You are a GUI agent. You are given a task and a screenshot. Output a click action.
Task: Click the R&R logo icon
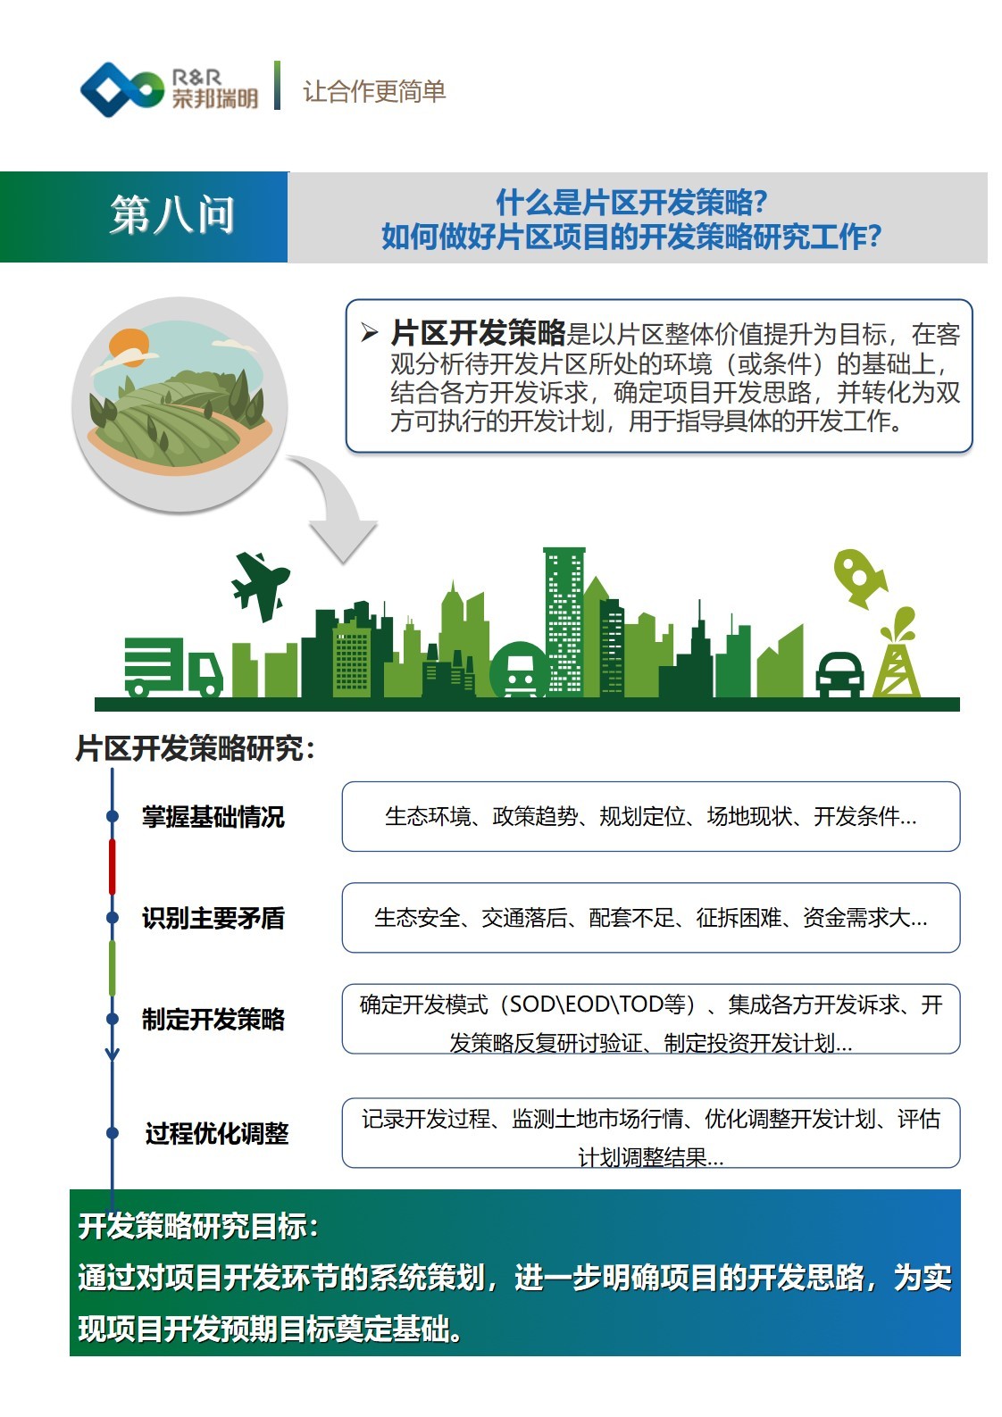click(x=121, y=89)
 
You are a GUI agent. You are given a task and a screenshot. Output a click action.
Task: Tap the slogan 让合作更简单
click(x=374, y=91)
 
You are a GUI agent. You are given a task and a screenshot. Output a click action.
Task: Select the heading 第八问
click(x=172, y=214)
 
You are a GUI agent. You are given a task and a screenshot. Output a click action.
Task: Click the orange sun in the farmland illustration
click(x=129, y=346)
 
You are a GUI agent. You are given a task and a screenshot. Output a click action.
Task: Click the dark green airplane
click(x=260, y=583)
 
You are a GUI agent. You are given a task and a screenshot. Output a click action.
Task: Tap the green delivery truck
click(x=173, y=667)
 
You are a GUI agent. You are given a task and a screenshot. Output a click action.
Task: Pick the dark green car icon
click(x=839, y=674)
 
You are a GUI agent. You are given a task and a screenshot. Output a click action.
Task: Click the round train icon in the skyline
click(x=520, y=670)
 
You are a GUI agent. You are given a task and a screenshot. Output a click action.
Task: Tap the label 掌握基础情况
click(x=213, y=817)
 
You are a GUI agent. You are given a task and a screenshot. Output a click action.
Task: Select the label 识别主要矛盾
click(x=213, y=918)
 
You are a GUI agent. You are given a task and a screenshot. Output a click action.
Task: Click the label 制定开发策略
click(x=213, y=1019)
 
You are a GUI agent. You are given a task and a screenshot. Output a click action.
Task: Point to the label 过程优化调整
click(x=217, y=1133)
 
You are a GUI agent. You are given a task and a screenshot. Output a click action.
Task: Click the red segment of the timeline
click(x=113, y=867)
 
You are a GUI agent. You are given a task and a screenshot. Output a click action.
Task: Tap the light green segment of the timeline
click(x=113, y=968)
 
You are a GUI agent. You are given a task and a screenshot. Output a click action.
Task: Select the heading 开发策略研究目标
click(x=198, y=1226)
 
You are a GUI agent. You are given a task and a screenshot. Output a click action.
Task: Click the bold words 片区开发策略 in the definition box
click(x=479, y=333)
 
